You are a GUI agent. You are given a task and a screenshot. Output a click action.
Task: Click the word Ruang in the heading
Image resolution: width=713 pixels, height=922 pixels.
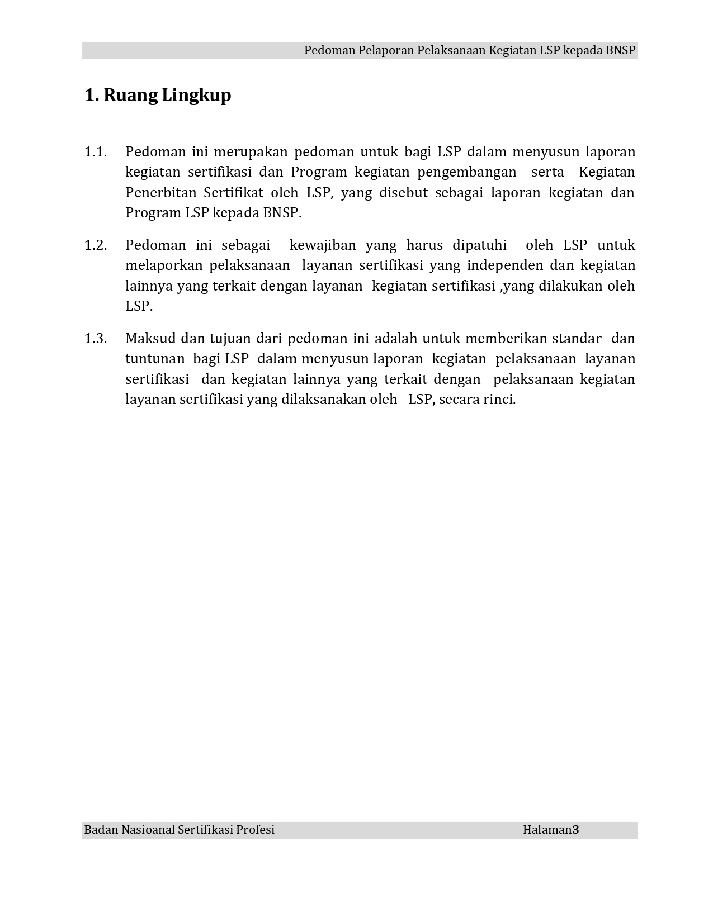pos(130,96)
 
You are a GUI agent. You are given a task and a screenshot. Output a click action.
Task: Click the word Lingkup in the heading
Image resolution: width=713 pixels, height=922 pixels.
pos(196,96)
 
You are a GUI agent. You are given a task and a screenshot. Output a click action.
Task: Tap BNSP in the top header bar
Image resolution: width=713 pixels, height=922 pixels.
pos(620,50)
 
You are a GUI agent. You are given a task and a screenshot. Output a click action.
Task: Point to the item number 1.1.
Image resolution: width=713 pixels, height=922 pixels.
pos(95,152)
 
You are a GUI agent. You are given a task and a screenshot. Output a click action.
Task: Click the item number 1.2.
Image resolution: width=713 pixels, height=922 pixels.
pos(95,245)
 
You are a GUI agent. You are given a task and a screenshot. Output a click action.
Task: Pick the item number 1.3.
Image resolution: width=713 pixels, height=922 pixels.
pos(95,339)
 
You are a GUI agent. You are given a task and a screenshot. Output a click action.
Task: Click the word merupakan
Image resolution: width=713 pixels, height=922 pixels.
pos(251,152)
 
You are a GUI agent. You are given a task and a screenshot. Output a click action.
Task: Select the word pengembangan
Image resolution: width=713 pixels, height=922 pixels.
pos(466,172)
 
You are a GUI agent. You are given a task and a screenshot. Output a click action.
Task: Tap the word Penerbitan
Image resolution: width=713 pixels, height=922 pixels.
pos(160,193)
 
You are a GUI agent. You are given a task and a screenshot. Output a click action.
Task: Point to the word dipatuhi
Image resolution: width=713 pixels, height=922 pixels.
pos(479,245)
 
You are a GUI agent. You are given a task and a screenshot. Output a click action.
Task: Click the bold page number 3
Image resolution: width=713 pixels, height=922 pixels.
pos(576,830)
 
